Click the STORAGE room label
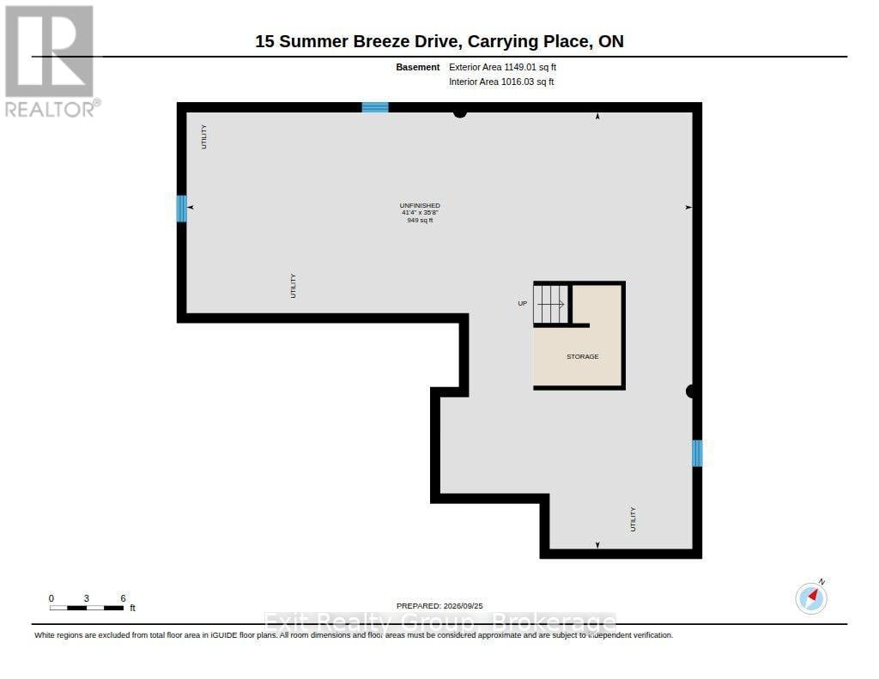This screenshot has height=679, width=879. click(583, 356)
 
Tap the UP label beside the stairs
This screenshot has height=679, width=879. click(523, 303)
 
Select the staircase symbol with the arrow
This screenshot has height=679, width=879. click(551, 305)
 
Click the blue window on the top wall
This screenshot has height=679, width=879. click(375, 107)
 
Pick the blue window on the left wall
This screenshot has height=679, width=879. click(182, 208)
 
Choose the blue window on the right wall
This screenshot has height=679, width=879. click(697, 453)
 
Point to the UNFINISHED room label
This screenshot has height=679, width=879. click(420, 205)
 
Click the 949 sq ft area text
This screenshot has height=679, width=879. click(420, 221)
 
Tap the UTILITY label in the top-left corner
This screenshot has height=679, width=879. click(204, 136)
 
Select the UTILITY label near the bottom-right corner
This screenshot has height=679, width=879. click(633, 519)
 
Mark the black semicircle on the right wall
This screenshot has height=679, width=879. click(690, 391)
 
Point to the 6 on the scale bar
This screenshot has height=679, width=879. click(123, 598)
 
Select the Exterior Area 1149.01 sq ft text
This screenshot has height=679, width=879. click(502, 67)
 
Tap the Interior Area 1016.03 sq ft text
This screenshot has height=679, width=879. click(501, 82)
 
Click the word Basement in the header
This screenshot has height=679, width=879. click(418, 67)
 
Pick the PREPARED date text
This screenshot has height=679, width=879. click(439, 606)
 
